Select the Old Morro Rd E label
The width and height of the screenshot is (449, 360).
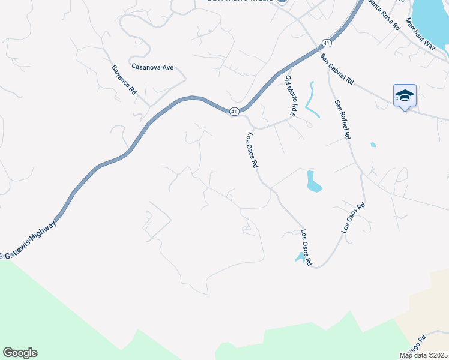pyautogui.click(x=292, y=96)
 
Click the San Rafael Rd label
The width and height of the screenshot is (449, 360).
pyautogui.click(x=342, y=119)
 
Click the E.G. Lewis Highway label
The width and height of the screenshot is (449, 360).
pyautogui.click(x=29, y=241)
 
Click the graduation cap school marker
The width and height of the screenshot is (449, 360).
pyautogui.click(x=405, y=95)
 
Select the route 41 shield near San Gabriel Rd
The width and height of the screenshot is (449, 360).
pyautogui.click(x=325, y=43)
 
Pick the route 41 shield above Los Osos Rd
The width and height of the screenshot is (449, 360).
pyautogui.click(x=234, y=111)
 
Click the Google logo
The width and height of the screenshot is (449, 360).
pyautogui.click(x=20, y=353)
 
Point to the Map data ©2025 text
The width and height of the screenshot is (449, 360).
pyautogui.click(x=424, y=355)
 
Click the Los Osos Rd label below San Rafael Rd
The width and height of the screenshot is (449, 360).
pyautogui.click(x=353, y=218)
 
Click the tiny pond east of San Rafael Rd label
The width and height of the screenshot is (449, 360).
pyautogui.click(x=373, y=145)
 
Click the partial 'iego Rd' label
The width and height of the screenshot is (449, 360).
pyautogui.click(x=433, y=344)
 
